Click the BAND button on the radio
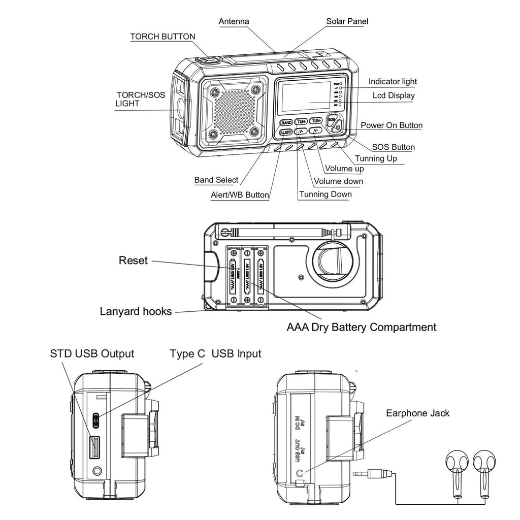286,123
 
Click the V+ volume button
316,131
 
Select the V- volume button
301,132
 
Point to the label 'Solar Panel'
347,21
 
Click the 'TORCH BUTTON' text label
162,37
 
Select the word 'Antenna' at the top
234,21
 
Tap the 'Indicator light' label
393,81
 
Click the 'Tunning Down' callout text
325,194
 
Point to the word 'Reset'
133,261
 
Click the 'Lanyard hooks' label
136,311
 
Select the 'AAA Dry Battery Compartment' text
361,327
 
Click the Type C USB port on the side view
96,419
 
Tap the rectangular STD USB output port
95,447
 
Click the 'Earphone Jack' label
417,413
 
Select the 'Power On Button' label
391,125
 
